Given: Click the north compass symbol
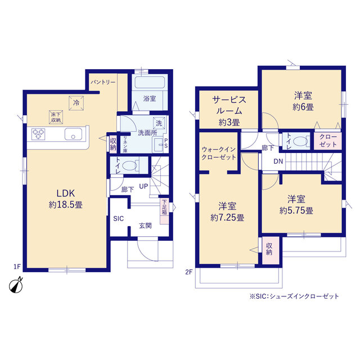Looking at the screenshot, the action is click(16, 286).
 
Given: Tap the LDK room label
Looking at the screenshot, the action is click(66, 193).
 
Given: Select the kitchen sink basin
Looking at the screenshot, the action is click(73, 134).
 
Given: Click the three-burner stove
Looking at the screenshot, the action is click(38, 134).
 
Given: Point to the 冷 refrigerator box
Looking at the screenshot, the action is click(76, 103).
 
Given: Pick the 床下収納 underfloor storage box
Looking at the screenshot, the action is click(56, 118).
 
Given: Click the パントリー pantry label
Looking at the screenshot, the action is click(102, 82).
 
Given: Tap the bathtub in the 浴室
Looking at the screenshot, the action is click(150, 83).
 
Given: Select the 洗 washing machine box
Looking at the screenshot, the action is click(159, 123).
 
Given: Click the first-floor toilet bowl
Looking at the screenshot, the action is click(129, 165).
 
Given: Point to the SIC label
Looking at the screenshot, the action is click(119, 219).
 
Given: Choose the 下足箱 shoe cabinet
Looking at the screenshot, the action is click(164, 211).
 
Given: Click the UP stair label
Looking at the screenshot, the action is click(143, 186).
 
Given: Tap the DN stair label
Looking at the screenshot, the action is click(278, 161).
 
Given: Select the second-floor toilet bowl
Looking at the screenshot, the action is click(300, 141).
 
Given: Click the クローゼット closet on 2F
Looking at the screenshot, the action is click(328, 141).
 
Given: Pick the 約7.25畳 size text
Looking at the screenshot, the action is click(227, 218).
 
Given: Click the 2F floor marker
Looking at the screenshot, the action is click(189, 272).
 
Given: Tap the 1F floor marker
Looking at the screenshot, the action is click(17, 267).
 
